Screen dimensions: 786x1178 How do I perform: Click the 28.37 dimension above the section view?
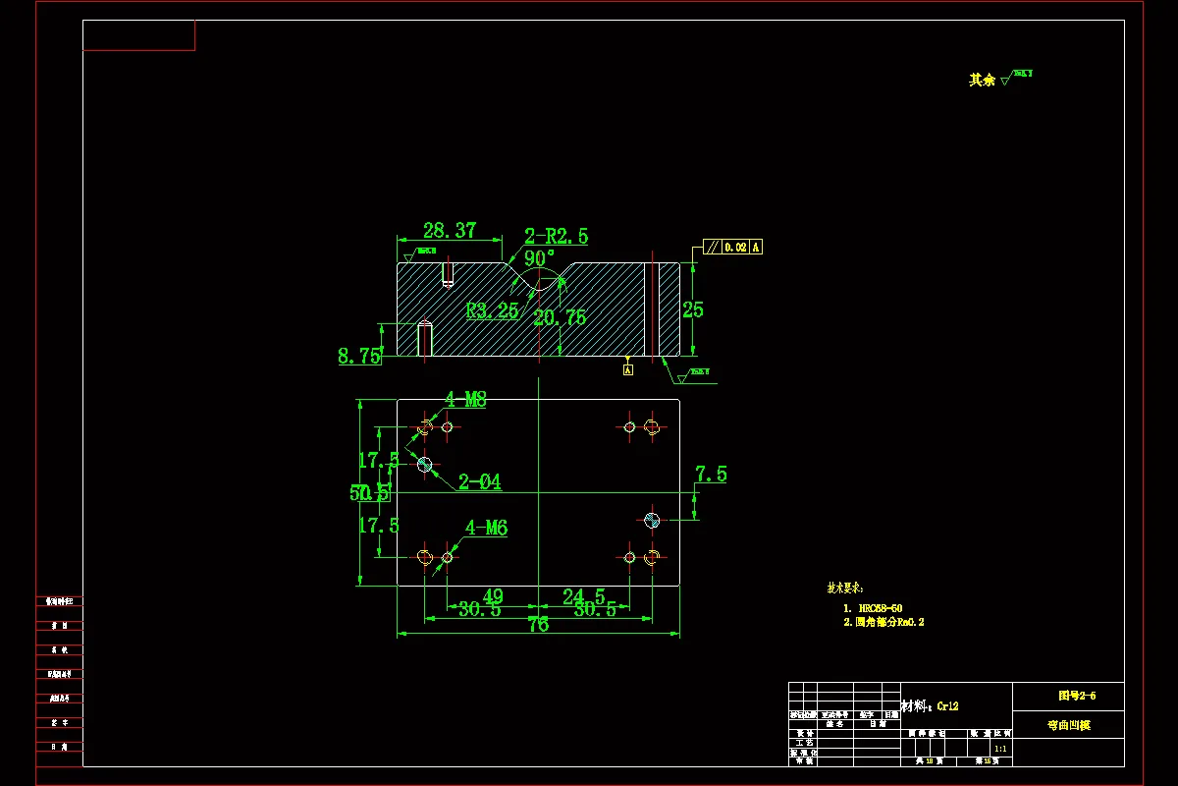(450, 231)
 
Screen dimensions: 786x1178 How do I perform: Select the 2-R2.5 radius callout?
(556, 236)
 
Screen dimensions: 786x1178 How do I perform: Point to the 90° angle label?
(540, 258)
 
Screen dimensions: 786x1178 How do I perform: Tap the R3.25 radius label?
(492, 311)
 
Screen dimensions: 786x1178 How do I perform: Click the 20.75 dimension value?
(560, 317)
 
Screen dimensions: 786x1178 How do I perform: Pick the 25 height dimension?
(693, 309)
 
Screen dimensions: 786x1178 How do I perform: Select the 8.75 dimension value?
(359, 357)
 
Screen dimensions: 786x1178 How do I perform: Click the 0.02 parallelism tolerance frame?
(734, 248)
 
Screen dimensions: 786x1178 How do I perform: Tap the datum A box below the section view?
(628, 369)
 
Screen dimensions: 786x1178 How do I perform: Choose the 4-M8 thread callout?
(465, 400)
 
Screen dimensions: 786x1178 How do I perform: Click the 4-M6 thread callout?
(486, 529)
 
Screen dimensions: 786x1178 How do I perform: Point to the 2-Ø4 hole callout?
(480, 482)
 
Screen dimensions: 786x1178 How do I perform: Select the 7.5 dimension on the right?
(711, 476)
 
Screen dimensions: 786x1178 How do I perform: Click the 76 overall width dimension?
(538, 625)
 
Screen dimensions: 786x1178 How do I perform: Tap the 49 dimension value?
(493, 596)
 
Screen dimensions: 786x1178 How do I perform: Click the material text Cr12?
(947, 705)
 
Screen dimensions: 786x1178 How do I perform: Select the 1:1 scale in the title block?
(1000, 749)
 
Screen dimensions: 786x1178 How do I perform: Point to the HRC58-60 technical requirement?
(880, 608)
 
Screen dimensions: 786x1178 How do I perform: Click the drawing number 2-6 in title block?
(1077, 696)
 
